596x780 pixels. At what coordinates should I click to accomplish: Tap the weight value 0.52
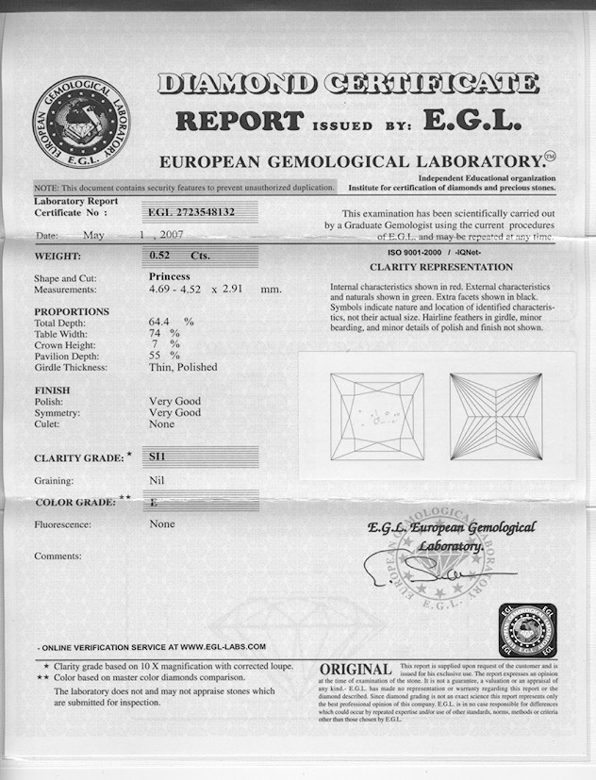(166, 256)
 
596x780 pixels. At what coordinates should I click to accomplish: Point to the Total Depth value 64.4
(163, 322)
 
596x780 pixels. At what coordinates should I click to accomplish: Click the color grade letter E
(153, 504)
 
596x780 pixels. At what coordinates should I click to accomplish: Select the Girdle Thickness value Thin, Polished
(183, 367)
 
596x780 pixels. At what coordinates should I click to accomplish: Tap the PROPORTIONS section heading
(72, 311)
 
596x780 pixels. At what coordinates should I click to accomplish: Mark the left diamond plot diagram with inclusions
(377, 416)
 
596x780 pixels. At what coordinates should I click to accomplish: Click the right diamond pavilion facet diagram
(497, 416)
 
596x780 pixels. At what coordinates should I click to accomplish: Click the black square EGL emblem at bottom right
(527, 629)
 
